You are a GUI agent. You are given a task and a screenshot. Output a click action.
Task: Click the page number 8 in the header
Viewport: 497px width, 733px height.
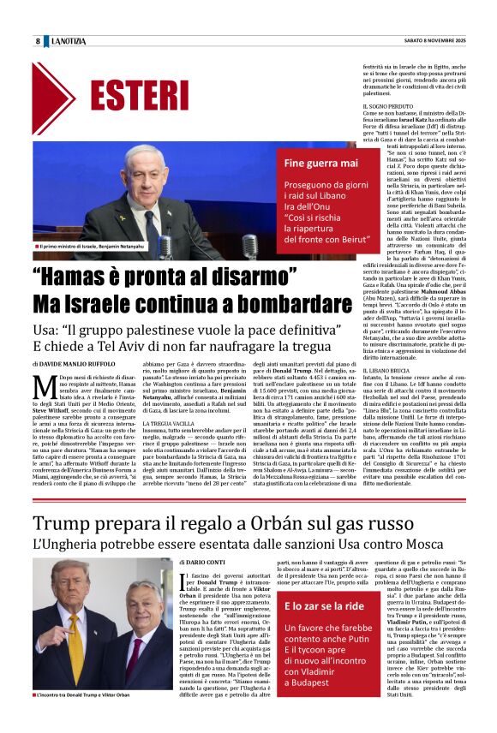pyautogui.click(x=38, y=42)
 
